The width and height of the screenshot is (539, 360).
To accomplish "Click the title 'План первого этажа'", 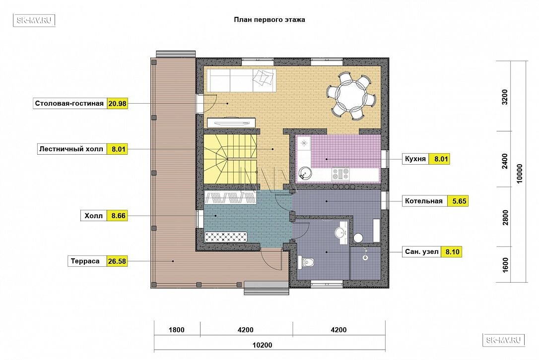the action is [269, 19].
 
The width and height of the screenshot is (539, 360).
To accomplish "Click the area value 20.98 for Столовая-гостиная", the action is [117, 104].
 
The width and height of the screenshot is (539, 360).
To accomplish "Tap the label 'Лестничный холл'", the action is [71, 149].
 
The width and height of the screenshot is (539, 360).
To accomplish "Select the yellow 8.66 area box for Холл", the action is [117, 216].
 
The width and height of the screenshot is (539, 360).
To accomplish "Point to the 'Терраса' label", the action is [85, 261].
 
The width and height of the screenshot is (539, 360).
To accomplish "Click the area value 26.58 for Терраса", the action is [117, 261].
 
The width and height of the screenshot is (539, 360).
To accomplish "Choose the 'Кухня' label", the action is [415, 159].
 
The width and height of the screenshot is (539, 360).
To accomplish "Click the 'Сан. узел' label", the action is [421, 252].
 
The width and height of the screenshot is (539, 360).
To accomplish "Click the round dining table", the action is [351, 95].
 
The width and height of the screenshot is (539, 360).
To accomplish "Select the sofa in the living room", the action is [241, 80].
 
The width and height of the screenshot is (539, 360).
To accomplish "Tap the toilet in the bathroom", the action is [308, 262].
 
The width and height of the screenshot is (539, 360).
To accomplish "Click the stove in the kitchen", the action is [340, 175].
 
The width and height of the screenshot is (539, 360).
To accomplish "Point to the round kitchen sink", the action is [304, 173].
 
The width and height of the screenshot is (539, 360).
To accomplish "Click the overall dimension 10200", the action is [262, 345].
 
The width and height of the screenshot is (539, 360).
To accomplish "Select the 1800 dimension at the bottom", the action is [176, 330].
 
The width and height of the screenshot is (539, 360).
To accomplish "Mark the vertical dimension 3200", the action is [505, 97].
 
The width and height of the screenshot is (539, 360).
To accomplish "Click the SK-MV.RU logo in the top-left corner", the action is [34, 20].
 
